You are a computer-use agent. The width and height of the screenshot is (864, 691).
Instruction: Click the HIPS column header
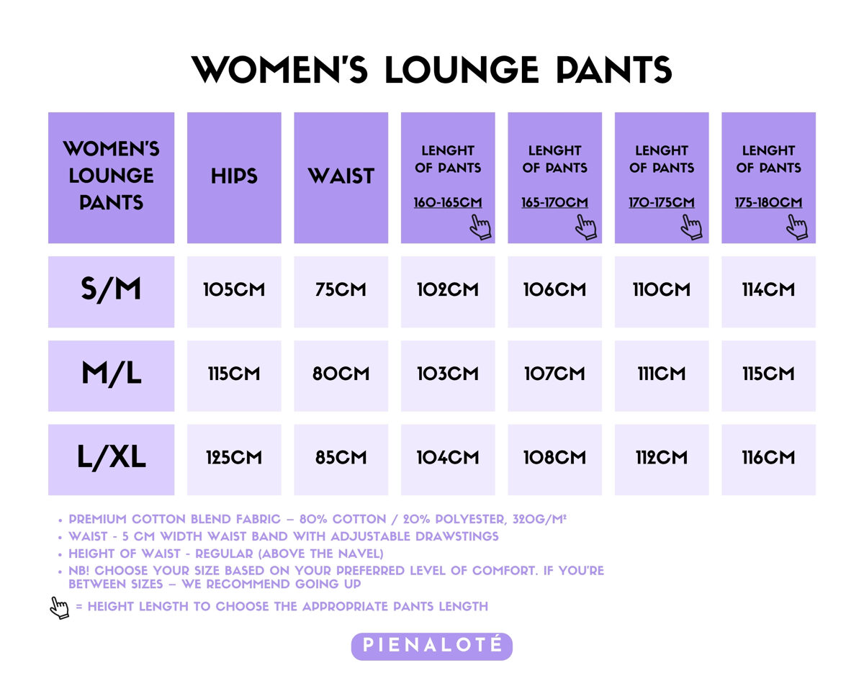coord(234,176)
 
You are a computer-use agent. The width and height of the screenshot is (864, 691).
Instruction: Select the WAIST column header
coord(341,176)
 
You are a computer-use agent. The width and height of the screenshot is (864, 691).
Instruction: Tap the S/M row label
coord(111,289)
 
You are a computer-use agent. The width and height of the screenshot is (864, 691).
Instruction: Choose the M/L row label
coord(111,374)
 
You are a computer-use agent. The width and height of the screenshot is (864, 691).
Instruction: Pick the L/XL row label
coord(111,457)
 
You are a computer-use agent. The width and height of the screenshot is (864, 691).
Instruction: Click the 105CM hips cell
coord(234,289)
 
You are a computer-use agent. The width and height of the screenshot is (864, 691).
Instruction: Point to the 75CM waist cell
coord(341,289)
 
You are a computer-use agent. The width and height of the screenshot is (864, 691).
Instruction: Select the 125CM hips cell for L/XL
coord(234,457)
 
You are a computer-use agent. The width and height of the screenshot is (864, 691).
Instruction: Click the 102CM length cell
coord(448,289)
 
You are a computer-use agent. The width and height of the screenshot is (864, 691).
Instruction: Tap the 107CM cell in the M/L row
coord(554,374)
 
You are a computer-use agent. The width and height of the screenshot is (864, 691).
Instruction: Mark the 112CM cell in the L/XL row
coord(661,457)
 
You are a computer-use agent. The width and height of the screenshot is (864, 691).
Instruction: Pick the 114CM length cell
coord(768,289)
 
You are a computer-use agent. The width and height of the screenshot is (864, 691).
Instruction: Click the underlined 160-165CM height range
coord(448,202)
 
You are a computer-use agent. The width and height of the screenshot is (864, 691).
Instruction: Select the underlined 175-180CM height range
coord(768,202)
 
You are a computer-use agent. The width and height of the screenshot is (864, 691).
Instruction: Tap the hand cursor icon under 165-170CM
coord(586,227)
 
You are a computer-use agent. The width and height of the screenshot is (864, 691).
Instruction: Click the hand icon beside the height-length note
coord(60,608)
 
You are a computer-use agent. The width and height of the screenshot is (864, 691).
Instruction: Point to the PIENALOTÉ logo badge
coord(431,646)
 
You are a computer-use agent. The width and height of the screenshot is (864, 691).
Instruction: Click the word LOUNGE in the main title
coord(462,70)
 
